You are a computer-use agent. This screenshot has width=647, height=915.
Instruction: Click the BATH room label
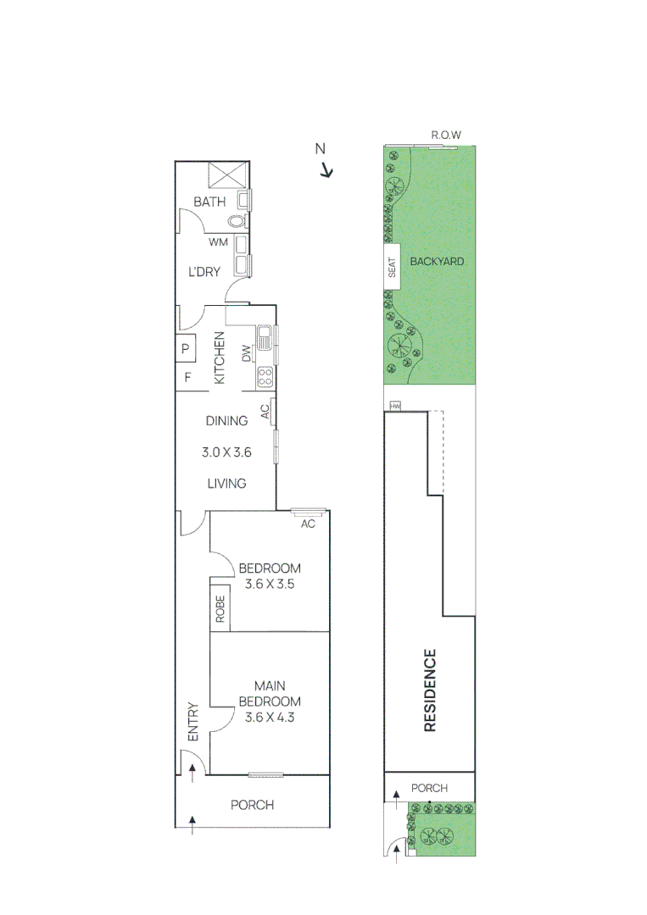click(x=209, y=202)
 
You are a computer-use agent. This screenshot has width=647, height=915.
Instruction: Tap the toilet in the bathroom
click(x=237, y=221)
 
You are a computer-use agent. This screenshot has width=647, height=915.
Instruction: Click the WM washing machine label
click(x=219, y=242)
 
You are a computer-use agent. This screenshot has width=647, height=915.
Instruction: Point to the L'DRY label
click(x=204, y=272)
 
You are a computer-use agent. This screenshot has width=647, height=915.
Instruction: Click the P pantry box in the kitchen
click(x=186, y=348)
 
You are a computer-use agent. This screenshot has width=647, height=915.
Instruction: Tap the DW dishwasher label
click(x=246, y=353)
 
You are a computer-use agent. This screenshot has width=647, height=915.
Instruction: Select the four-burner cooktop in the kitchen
click(x=265, y=374)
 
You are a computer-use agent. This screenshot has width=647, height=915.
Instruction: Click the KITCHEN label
click(x=219, y=358)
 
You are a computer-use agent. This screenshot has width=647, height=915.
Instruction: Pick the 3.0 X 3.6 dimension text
click(x=226, y=452)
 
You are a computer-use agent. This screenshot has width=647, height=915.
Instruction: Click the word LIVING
click(x=226, y=483)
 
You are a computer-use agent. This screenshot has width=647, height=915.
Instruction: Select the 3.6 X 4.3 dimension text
click(x=269, y=717)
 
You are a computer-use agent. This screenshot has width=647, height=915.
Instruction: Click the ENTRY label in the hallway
click(x=192, y=722)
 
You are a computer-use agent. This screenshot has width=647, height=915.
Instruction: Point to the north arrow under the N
click(x=326, y=171)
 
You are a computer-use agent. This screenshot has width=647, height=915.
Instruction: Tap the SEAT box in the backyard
click(x=392, y=268)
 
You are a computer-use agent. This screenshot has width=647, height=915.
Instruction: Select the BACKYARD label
click(x=437, y=261)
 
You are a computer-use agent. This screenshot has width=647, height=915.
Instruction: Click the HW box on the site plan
click(x=394, y=407)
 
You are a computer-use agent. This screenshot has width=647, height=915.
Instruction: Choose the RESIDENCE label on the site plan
click(x=430, y=690)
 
